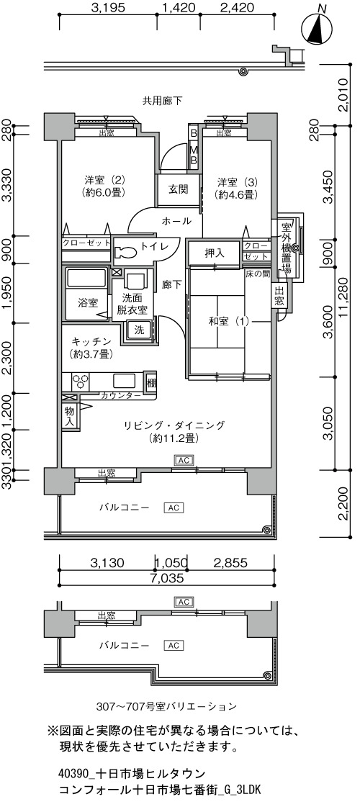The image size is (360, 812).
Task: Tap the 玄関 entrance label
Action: (177, 189)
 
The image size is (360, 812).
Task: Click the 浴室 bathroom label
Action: (88, 302)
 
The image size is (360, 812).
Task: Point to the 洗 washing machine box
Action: (139, 329)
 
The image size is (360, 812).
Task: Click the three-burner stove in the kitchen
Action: (82, 382)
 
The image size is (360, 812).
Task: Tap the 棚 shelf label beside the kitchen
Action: (150, 383)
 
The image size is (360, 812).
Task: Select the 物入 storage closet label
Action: (69, 416)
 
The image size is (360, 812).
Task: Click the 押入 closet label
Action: (213, 253)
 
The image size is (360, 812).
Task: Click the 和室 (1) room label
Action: (228, 321)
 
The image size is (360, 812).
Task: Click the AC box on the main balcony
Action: (174, 507)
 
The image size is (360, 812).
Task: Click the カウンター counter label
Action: (121, 396)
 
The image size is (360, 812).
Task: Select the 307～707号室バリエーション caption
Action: (167, 706)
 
